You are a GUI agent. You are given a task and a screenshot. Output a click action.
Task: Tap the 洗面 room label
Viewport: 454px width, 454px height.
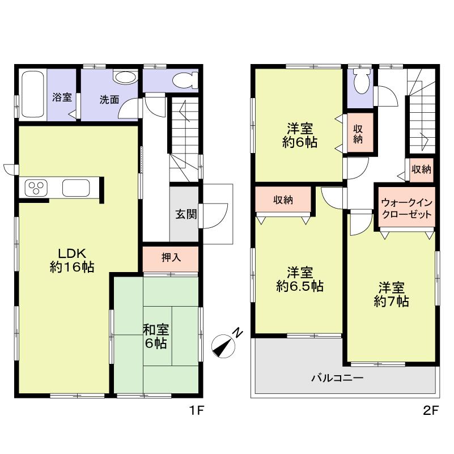(109, 99)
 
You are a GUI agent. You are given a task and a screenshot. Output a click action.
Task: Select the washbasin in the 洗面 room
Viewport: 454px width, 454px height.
(124, 78)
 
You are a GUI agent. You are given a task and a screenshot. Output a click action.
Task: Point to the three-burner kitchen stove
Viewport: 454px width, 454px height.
(36, 188)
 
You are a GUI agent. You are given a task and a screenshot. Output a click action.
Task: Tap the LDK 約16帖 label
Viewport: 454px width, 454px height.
(71, 260)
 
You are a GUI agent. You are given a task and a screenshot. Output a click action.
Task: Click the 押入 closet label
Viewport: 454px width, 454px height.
(171, 258)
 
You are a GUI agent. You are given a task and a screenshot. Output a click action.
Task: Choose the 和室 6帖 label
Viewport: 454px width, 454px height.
(155, 336)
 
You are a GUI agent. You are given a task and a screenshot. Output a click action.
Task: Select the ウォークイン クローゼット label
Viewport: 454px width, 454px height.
(406, 209)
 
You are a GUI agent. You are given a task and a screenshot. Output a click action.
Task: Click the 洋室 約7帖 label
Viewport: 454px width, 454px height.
(392, 294)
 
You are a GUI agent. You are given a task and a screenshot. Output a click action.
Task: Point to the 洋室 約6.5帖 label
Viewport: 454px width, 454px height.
(299, 279)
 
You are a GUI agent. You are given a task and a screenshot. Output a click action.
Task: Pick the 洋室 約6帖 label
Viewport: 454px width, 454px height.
(299, 135)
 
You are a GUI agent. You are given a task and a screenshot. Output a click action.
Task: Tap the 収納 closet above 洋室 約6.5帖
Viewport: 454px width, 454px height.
(283, 200)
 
